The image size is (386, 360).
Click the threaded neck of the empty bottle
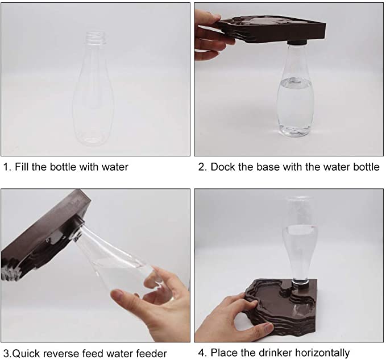pos(96,38)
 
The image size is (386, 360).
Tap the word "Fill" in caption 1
pos(22,167)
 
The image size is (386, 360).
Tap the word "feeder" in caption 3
pos(151,354)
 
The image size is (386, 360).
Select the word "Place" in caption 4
pos(224,353)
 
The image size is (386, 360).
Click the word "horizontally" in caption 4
pos(322,353)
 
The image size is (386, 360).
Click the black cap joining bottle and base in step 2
pos(297,42)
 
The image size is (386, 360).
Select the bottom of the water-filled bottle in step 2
pos(294,130)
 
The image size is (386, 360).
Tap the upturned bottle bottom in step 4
pos(300,199)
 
